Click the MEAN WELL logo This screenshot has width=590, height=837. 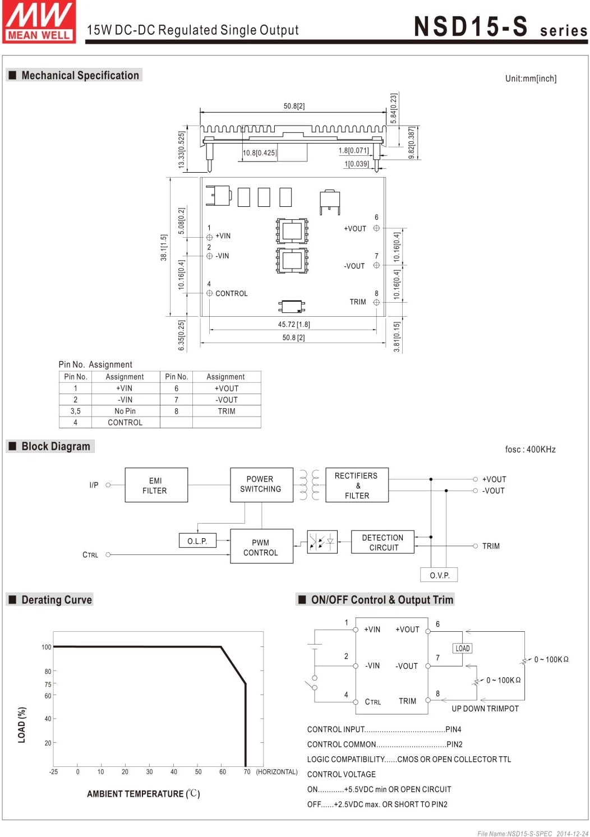39,22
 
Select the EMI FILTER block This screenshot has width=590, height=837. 156,484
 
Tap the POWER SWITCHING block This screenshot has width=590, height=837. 261,484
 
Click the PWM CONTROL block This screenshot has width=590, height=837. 261,546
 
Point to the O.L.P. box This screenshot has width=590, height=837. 197,540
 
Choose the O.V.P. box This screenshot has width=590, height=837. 439,575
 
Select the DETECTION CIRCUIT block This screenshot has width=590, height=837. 382,542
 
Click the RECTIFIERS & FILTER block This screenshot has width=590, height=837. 357,484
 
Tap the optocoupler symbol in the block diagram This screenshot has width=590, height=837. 322,542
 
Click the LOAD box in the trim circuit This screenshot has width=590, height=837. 462,648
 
